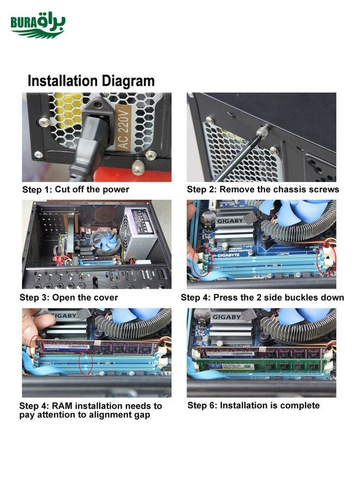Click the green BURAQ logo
coord(38,25)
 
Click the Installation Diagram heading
coord(91,81)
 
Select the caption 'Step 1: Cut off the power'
coord(76,189)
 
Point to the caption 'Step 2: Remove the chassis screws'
coord(263,189)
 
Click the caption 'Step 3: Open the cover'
coord(69,297)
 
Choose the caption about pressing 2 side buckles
coord(262,297)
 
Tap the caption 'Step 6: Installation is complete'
coord(254,405)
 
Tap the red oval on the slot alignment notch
coord(86,362)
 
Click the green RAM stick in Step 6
coord(260,365)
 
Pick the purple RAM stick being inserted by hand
coord(97,348)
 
